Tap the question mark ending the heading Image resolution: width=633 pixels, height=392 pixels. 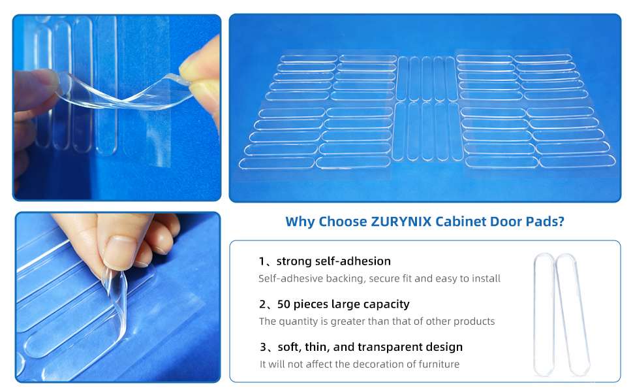pyautogui.click(x=561, y=221)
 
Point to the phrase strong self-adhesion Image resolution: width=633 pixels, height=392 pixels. pyautogui.click(x=333, y=261)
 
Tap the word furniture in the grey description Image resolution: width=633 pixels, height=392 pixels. pyautogui.click(x=439, y=364)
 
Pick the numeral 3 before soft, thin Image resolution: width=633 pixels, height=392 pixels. pyautogui.click(x=263, y=347)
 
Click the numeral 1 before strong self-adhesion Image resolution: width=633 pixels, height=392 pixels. pyautogui.click(x=262, y=261)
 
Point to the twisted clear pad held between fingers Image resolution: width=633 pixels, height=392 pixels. pyautogui.click(x=121, y=92)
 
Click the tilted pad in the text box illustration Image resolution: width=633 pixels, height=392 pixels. pyautogui.click(x=572, y=314)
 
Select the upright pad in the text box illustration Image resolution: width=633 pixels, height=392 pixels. pyautogui.click(x=544, y=314)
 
